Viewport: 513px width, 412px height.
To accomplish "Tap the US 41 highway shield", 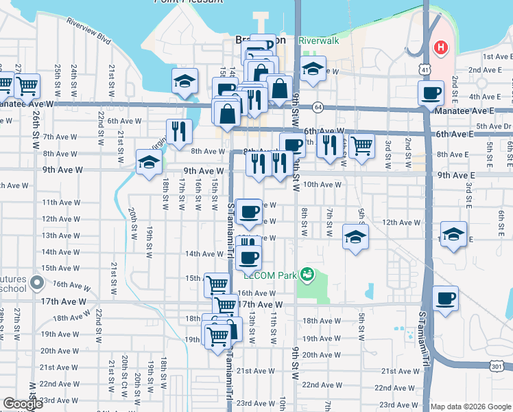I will coord(425,70).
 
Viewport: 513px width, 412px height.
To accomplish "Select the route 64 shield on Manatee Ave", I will coord(318,107).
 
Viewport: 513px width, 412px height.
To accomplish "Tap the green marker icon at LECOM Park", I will coord(308,275).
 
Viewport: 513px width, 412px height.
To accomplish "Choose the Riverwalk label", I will coord(319,41).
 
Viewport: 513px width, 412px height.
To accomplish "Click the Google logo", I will coord(23,404).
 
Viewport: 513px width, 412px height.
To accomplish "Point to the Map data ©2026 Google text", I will coord(470,407).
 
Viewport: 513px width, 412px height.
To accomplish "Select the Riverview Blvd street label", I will coord(88,30).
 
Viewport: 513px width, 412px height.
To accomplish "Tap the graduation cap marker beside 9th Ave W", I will coord(149,162).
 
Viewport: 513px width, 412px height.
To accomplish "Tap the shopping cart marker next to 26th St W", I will coord(27,84).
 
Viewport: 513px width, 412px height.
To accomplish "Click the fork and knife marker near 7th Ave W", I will coord(178,130).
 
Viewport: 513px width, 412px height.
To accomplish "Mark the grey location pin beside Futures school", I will coord(37,282).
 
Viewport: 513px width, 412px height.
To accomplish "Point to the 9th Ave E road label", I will coord(456,175).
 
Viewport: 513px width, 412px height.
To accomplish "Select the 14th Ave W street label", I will coord(200,253).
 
